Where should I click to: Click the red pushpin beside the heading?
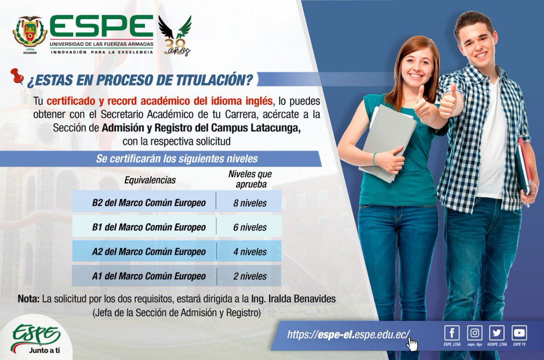tap(17, 76)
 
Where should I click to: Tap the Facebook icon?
tap(452, 333)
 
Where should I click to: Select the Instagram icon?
tap(474, 333)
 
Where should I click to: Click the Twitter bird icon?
tap(497, 333)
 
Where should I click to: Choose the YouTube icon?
tap(520, 333)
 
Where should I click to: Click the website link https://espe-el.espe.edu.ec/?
tap(348, 335)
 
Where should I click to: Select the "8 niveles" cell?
tap(250, 203)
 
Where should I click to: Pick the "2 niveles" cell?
tap(250, 276)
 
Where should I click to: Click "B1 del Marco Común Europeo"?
tap(149, 227)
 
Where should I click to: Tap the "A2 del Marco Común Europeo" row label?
tap(149, 252)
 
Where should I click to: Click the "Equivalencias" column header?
tap(150, 180)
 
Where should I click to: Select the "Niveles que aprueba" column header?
tap(250, 179)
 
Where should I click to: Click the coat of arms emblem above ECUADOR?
tap(30, 32)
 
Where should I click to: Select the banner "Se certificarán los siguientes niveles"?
tap(177, 159)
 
